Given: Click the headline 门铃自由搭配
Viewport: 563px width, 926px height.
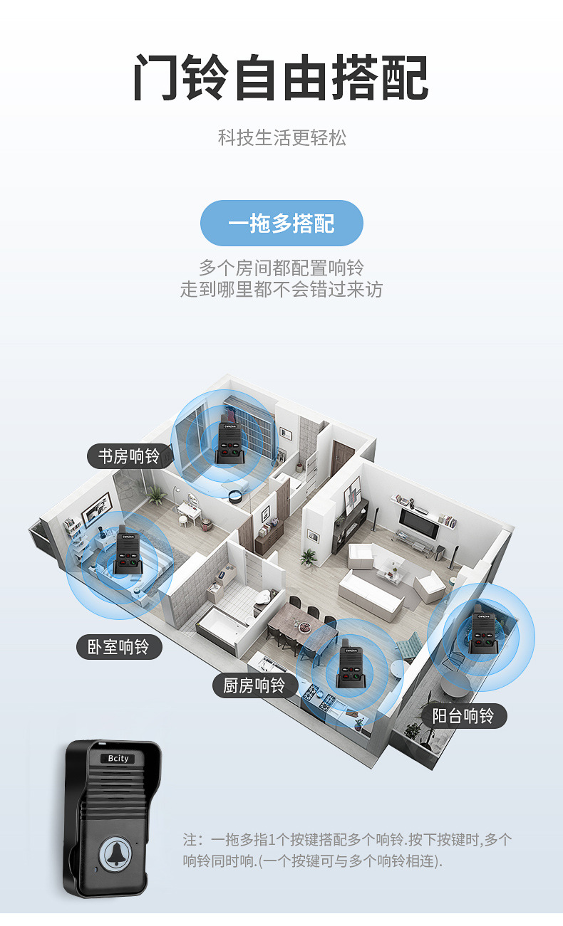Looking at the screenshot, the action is [x=281, y=78].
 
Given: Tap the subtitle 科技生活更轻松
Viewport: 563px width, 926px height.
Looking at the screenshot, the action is [x=281, y=137].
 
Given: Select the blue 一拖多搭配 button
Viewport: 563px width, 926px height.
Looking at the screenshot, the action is [x=281, y=223].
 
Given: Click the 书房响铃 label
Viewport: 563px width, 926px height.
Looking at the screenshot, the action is [x=129, y=456].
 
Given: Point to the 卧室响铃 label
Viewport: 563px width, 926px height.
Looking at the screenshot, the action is [x=119, y=647].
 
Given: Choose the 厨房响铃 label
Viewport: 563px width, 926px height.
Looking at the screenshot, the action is [x=254, y=685].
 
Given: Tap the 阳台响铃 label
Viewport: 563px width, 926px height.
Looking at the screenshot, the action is [x=463, y=716].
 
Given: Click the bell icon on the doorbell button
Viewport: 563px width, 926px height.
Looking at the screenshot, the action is [x=114, y=855].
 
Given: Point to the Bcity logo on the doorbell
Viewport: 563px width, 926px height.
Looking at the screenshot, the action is [x=114, y=759].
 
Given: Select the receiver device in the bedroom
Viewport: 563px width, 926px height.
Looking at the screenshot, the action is [x=129, y=553].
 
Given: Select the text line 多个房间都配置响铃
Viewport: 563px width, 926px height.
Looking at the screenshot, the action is [x=281, y=268].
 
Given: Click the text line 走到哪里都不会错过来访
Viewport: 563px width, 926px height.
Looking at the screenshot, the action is [x=281, y=290].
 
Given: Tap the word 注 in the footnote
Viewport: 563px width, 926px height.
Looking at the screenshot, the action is [x=189, y=840].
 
